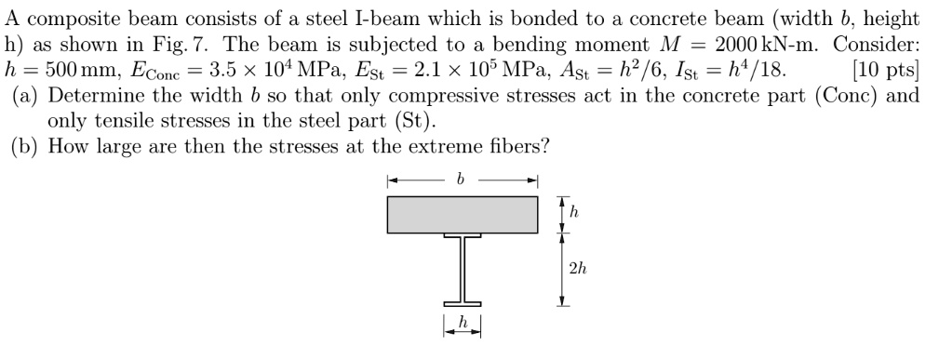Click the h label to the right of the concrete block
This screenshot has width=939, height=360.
(574, 213)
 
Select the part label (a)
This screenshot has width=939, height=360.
(25, 95)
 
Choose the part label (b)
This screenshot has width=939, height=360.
(25, 146)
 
